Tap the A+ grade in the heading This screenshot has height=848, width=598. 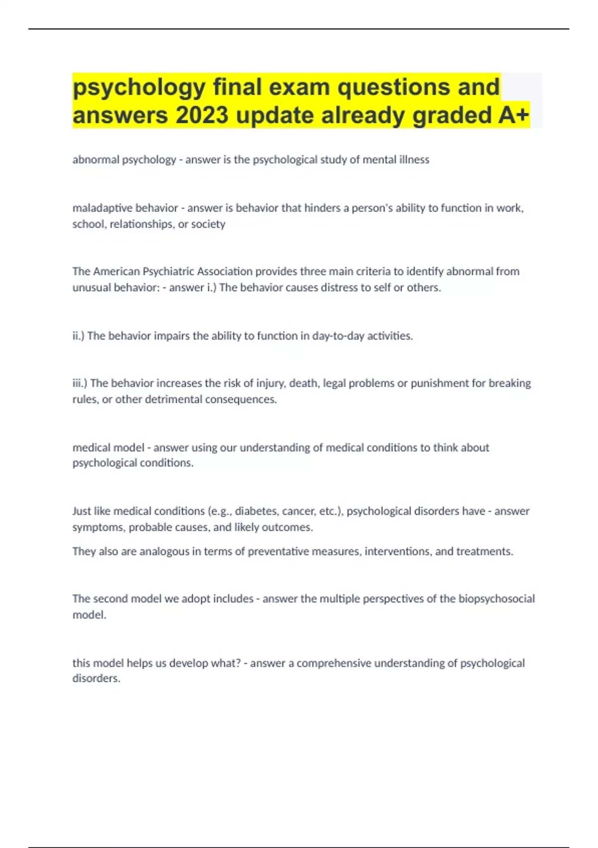513,115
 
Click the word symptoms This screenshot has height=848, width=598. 98,527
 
